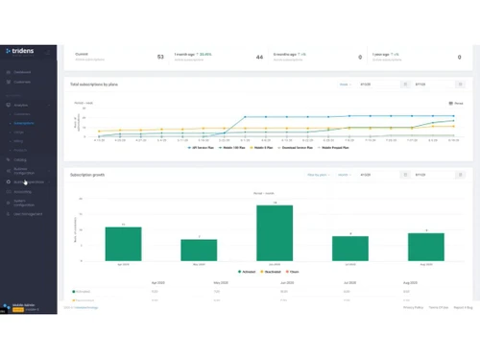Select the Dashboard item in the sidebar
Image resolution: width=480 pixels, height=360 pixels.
(x=21, y=72)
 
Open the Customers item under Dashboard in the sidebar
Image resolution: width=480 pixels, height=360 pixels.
(x=22, y=82)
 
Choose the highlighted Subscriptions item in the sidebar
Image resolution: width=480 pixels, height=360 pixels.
(x=26, y=124)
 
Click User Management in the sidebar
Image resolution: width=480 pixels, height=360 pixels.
(x=29, y=213)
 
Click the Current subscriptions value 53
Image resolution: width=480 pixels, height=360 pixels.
(x=159, y=58)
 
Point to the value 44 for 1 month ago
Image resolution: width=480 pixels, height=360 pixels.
(x=259, y=58)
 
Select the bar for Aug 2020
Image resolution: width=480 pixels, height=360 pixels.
(x=425, y=247)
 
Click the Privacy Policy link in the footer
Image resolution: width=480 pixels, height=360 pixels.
(x=413, y=307)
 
